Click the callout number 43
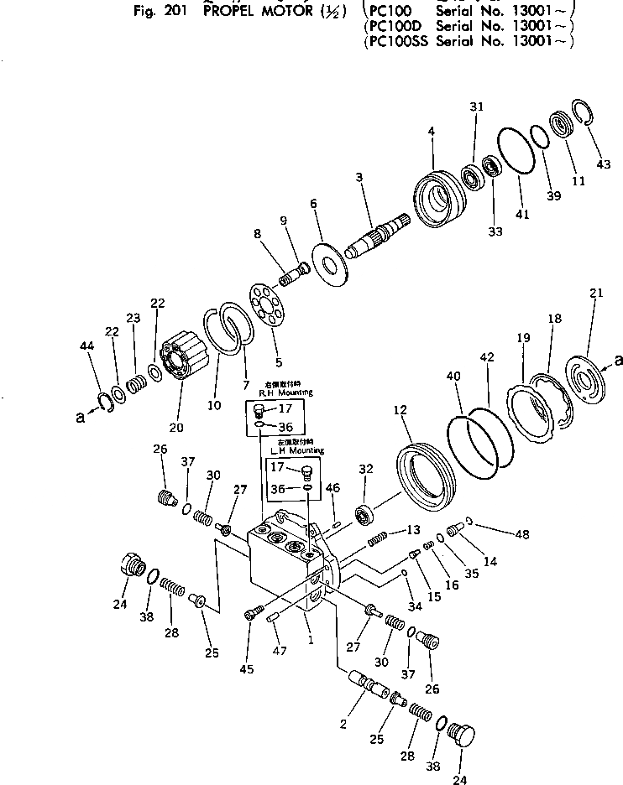click(603, 164)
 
